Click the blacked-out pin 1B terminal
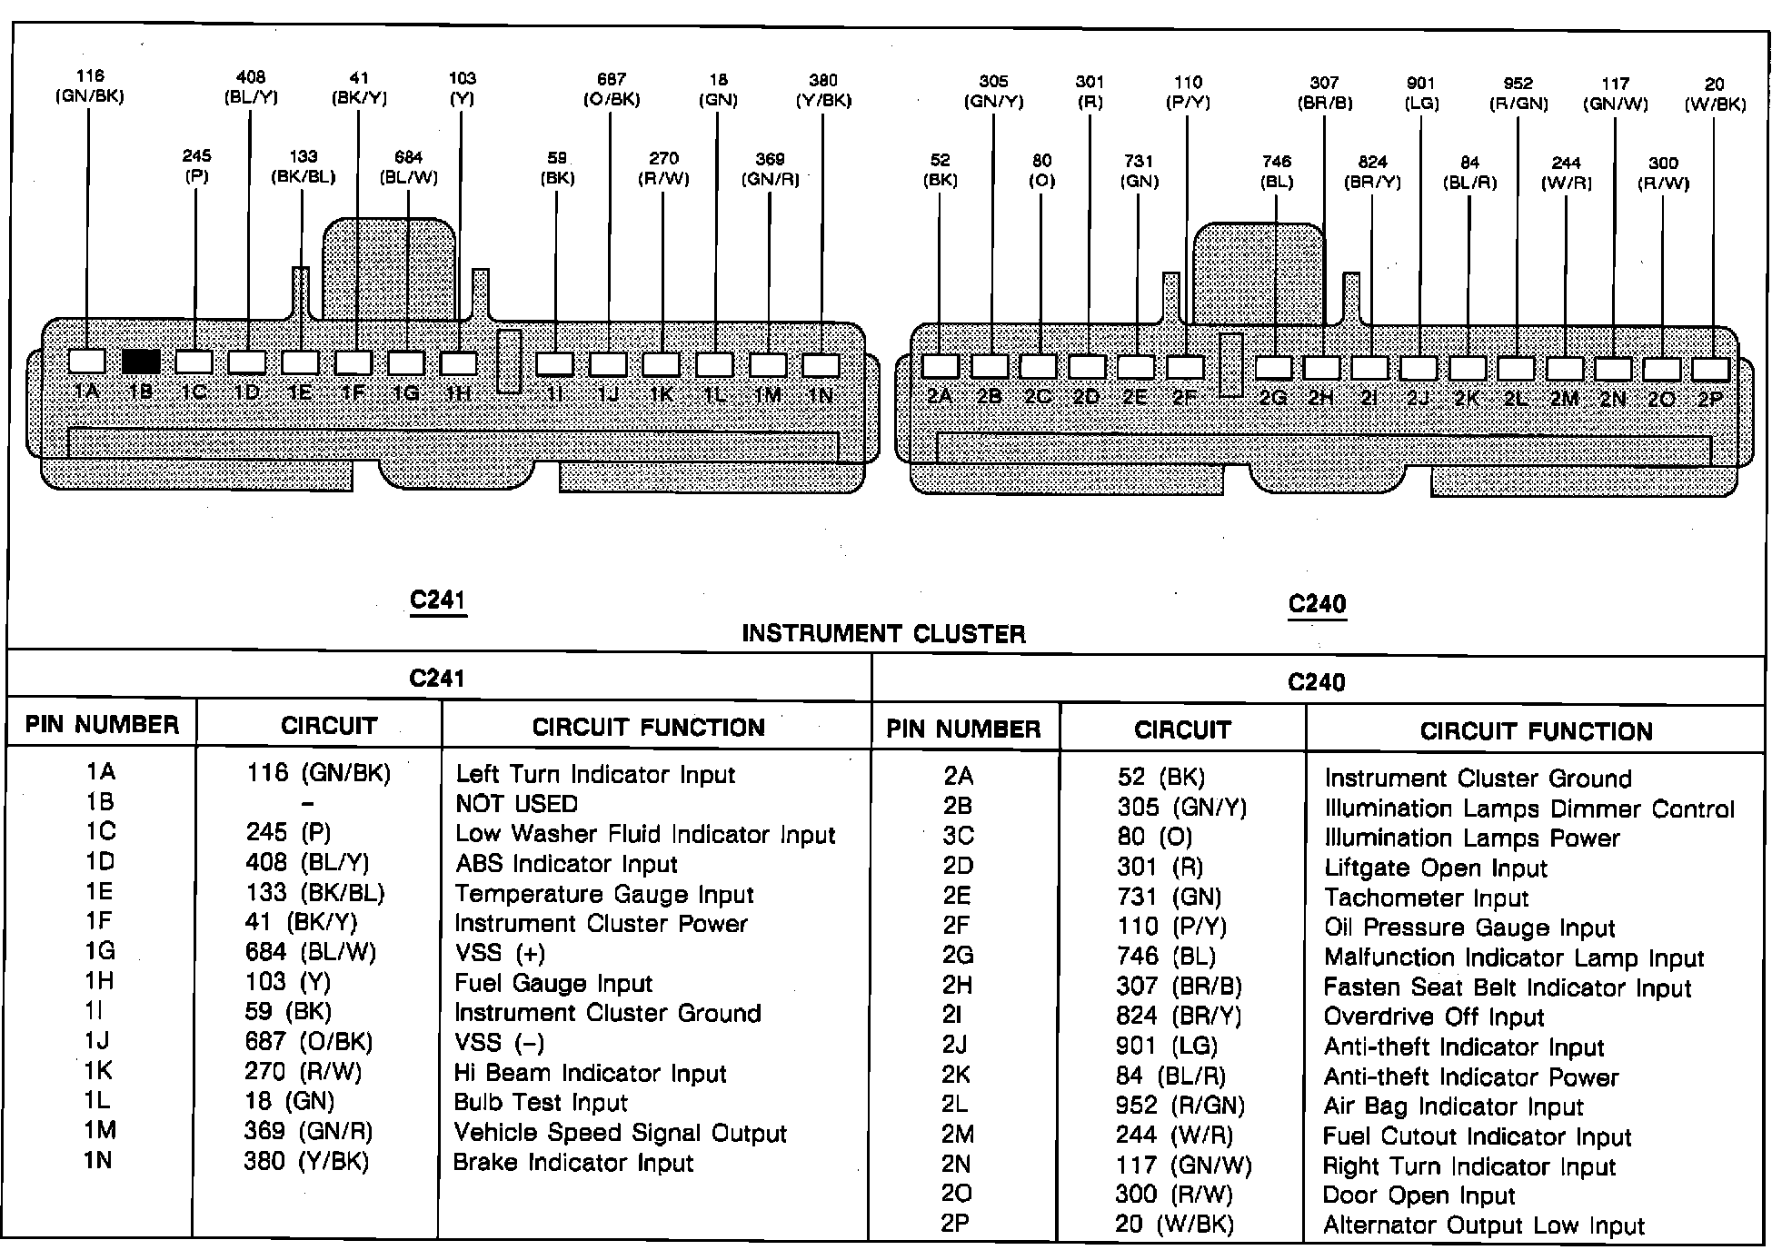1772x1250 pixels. coord(141,362)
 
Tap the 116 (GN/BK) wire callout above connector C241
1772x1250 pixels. coord(89,86)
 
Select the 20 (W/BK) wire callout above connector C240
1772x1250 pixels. coord(1715,94)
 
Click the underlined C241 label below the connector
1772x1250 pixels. coord(438,601)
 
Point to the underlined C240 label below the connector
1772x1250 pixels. coord(1317,605)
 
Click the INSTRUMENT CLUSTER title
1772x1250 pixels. coord(883,634)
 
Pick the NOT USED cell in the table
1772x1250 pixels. coord(516,804)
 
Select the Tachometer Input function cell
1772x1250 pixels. coord(1426,898)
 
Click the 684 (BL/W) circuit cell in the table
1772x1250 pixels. coord(310,952)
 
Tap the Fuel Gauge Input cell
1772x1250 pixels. coord(553,984)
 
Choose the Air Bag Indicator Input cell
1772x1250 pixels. coord(1453,1107)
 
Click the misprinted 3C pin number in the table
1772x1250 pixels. coord(958,836)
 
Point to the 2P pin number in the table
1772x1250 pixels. coord(956,1224)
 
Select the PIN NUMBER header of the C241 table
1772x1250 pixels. coord(102,725)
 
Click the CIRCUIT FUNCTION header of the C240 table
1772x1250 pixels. coord(1536,731)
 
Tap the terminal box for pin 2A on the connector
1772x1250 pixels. coord(940,366)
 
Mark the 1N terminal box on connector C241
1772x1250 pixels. coord(821,364)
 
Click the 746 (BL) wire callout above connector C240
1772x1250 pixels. coord(1277,172)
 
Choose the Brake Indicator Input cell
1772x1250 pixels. coord(572,1163)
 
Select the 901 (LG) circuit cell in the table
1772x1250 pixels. coord(1167,1047)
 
